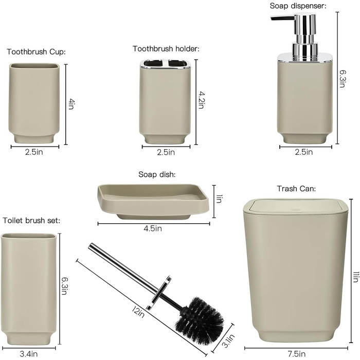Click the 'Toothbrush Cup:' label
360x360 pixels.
point(36,51)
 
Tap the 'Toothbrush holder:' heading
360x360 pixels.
point(166,49)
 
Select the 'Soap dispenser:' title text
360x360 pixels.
point(298,6)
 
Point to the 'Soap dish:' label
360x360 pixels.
point(157,174)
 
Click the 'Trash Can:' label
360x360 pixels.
point(296,189)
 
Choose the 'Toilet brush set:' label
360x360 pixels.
point(31,221)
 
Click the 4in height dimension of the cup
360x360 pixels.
point(71,104)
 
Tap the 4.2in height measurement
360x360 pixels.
point(201,100)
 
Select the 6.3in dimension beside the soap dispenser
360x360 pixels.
point(343,79)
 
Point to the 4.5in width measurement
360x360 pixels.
point(153,228)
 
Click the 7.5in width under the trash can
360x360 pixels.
point(296,354)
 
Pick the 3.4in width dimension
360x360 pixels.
point(29,354)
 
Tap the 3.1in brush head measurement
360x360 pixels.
point(229,340)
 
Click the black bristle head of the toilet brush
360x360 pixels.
point(200,321)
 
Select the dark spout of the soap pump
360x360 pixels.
point(282,18)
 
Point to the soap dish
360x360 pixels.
point(153,202)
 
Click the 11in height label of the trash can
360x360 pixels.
point(355,277)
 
